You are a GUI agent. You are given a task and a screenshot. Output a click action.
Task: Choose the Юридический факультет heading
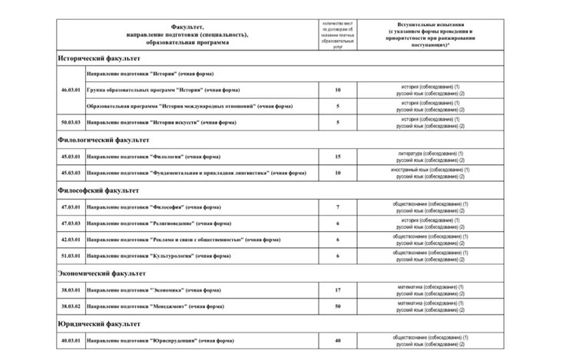98,323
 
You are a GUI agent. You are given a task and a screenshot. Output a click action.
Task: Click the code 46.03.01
70,90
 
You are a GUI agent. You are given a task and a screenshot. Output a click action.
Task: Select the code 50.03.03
70,123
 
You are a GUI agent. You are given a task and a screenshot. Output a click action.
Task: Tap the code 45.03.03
70,173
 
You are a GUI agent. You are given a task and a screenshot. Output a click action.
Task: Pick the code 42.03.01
70,239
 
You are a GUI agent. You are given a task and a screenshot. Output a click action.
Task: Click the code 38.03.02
70,306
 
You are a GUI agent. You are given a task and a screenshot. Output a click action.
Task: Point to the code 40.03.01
70,339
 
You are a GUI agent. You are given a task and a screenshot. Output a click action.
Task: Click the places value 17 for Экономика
338,289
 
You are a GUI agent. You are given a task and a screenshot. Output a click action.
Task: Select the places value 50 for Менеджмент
338,306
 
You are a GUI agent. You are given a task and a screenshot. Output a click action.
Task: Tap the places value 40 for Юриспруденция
338,339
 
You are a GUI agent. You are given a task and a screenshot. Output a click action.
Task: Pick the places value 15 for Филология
338,157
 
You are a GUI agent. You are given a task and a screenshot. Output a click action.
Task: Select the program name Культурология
154,256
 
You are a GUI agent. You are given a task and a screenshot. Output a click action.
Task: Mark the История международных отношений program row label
181,106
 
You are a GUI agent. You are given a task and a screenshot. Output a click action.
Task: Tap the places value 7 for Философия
338,207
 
